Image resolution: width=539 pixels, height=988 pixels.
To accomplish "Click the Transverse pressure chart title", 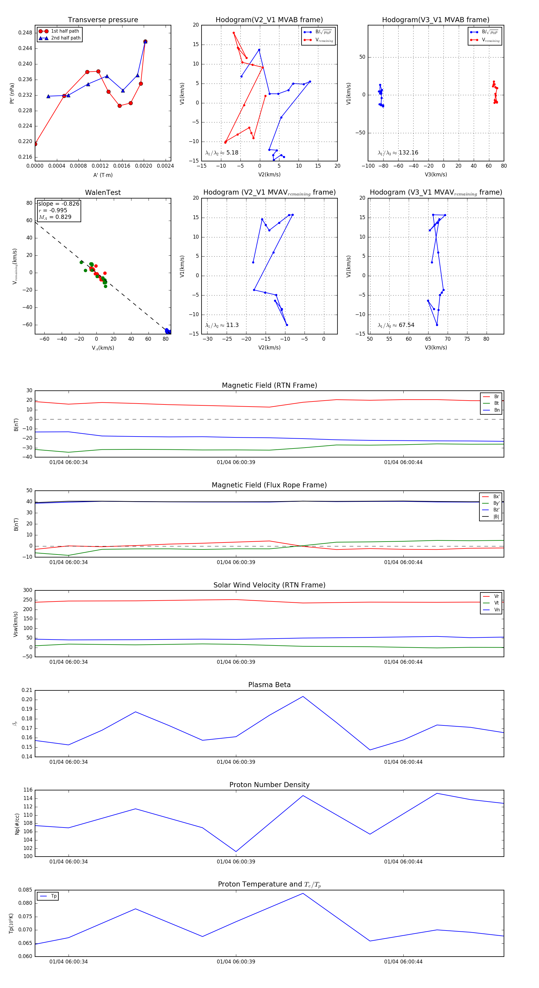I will (103, 20).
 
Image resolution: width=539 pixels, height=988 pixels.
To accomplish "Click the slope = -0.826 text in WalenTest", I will (59, 204).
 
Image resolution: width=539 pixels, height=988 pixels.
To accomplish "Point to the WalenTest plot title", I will (103, 193).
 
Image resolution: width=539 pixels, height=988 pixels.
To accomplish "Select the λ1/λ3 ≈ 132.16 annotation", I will (398, 153).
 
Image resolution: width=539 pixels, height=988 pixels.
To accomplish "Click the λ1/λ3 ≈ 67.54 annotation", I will (396, 325).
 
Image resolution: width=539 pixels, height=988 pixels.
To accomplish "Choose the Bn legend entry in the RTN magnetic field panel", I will (496, 410).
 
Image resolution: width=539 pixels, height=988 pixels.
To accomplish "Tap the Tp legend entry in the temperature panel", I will (53, 896).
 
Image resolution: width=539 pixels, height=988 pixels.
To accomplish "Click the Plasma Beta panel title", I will (269, 685).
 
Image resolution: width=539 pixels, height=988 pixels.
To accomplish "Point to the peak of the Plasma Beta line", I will (303, 696).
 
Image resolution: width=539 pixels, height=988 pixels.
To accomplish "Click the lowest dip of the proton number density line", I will (236, 851).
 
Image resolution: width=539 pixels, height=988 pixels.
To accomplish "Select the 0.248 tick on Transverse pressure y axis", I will (25, 33).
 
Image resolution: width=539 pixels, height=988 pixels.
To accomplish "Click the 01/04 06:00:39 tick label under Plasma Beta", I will (236, 762).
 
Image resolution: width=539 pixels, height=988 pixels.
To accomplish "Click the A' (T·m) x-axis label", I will (103, 175).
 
